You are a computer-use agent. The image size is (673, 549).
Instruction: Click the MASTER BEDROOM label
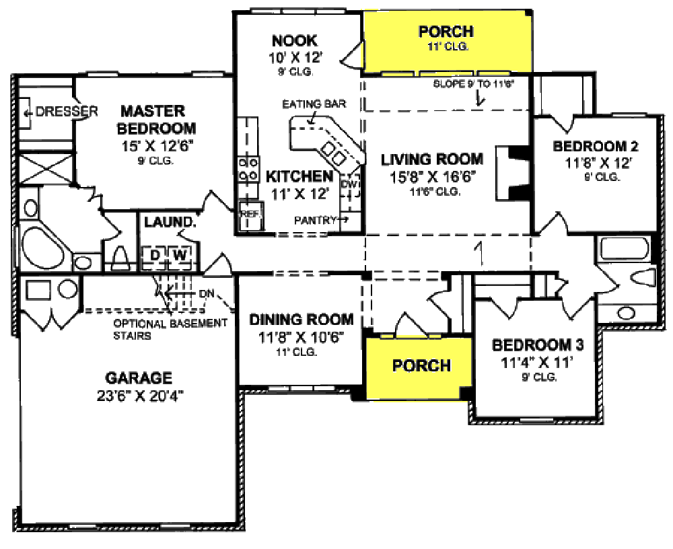click(156, 119)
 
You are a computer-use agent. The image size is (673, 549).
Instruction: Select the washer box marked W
click(178, 255)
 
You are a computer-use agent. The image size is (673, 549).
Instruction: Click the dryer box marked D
click(154, 255)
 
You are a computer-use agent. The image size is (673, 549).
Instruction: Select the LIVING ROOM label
click(431, 159)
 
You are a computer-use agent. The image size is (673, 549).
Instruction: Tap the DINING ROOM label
click(301, 320)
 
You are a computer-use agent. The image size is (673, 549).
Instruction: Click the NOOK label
click(294, 41)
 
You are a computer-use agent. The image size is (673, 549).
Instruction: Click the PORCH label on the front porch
click(421, 365)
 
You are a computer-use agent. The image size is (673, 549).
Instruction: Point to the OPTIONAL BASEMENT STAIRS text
click(170, 330)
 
